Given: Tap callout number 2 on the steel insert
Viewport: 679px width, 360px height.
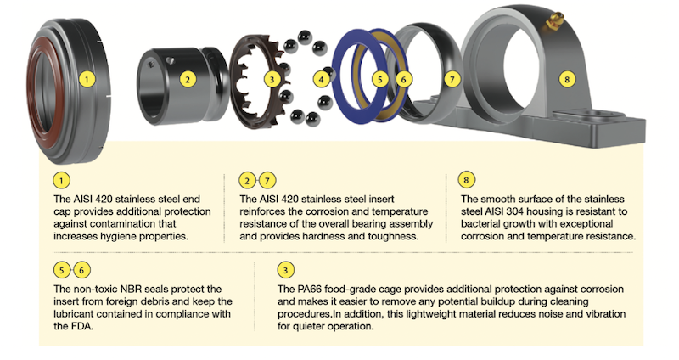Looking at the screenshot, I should point(188,80).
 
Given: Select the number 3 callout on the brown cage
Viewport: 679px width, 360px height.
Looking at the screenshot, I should point(272,80).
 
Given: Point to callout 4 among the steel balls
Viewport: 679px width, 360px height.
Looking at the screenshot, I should point(322,80).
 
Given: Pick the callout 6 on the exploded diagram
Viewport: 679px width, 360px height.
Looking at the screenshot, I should point(405,80).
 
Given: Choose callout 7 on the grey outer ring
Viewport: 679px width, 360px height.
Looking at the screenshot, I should point(453,80).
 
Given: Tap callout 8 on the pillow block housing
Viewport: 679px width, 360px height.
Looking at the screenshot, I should point(568,80).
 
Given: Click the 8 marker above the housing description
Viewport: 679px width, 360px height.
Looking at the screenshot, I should point(466,180).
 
